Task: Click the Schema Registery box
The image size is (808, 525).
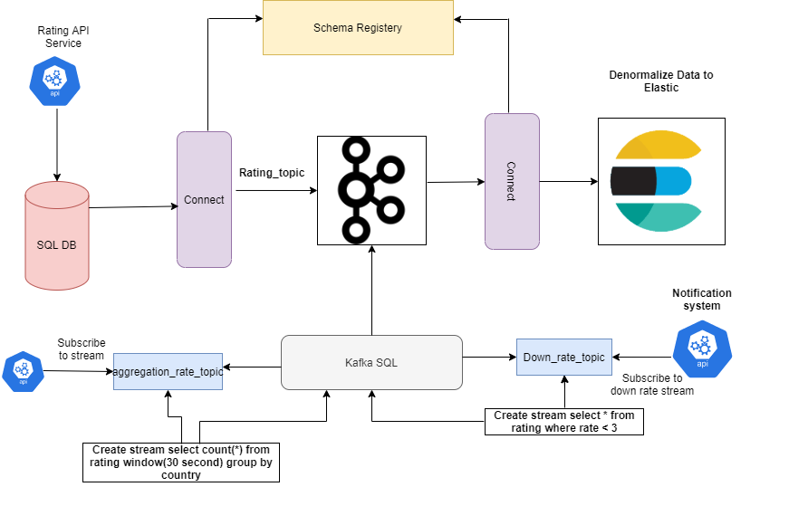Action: pos(357,28)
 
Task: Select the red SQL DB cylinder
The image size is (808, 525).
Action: pos(57,235)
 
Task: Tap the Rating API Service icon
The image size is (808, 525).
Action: pos(55,80)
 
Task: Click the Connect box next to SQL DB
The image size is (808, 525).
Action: pos(204,199)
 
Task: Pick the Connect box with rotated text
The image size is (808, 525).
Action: pos(512,181)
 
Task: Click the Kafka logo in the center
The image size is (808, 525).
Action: pos(371,190)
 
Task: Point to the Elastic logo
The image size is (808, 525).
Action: pos(661,181)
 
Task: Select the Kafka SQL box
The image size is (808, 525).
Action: pos(371,363)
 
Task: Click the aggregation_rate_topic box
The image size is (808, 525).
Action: pos(168,372)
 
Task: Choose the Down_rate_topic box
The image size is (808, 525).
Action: pos(564,358)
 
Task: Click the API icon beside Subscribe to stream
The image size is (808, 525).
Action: pos(24,371)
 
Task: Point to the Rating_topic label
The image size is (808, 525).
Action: pos(272,172)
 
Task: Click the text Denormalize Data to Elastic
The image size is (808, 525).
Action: pos(661,81)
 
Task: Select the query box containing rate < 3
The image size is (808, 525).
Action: pos(564,422)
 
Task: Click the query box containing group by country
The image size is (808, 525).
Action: pos(181,462)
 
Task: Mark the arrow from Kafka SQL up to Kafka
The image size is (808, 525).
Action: pos(371,290)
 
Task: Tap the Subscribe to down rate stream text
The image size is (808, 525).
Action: pos(658,385)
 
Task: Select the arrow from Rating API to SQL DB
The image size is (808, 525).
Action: pos(56,139)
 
